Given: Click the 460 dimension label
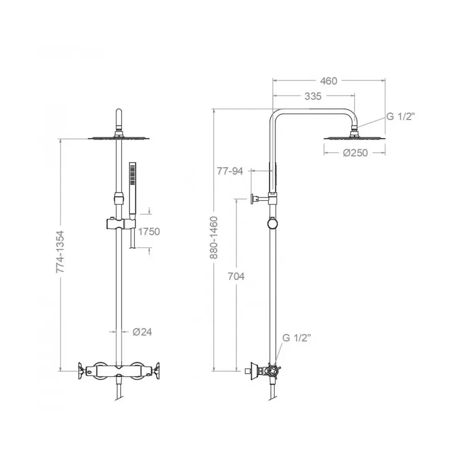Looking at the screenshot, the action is click(328, 81).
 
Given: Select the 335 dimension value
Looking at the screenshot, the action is click(313, 96).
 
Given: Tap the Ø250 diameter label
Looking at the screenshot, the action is click(355, 153).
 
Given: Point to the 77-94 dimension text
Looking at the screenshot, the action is click(230, 171).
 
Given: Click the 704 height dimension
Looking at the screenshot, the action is click(236, 276).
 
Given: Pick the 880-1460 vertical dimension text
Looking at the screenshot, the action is click(214, 237).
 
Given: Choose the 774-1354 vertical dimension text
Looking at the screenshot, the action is click(60, 252).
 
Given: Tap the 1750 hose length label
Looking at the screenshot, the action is click(149, 232).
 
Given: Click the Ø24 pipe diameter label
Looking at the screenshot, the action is click(142, 332).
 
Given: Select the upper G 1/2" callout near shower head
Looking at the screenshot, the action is click(400, 116).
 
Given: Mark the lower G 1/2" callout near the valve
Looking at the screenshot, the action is click(296, 338).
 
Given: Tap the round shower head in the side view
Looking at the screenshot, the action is click(354, 138).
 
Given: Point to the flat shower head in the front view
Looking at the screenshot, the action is click(119, 138).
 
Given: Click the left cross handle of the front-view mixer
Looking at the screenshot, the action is click(81, 371).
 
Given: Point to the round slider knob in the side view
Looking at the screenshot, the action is click(273, 224).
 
